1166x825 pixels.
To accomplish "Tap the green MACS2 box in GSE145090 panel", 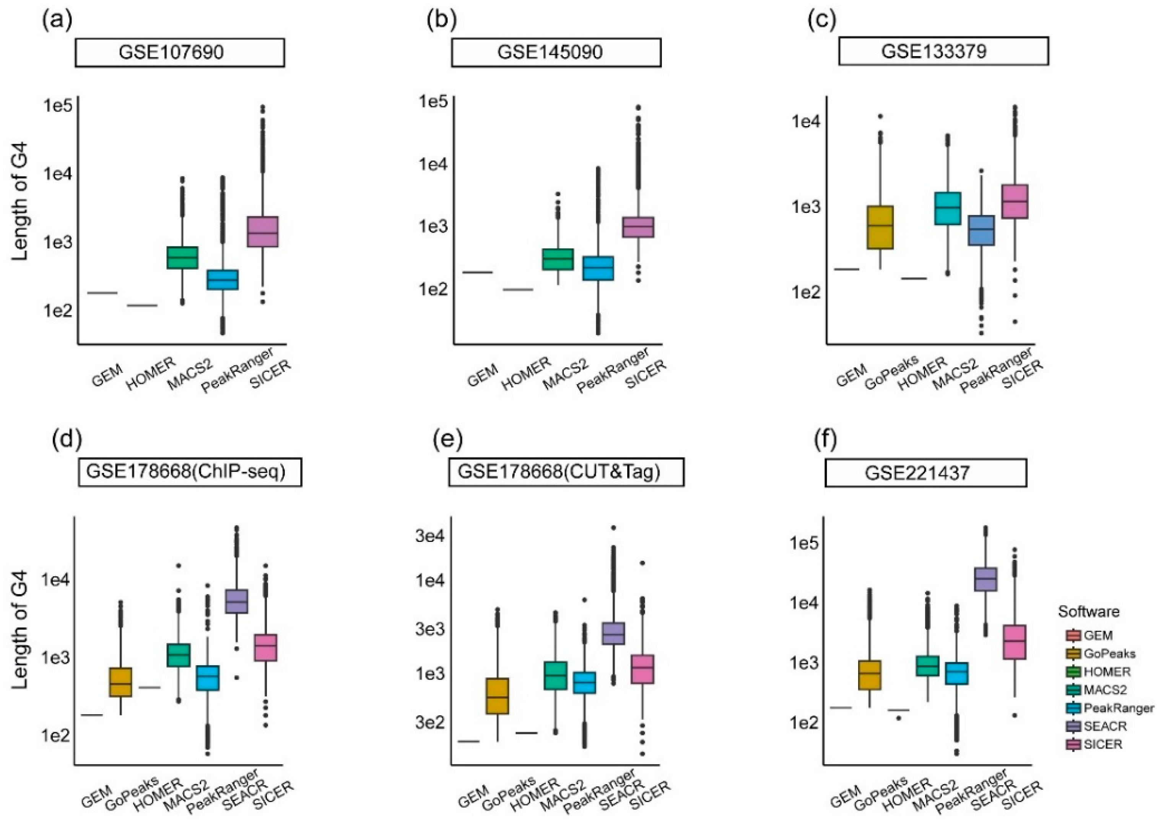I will pyautogui.click(x=558, y=259).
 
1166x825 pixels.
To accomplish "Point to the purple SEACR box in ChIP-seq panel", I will pyautogui.click(x=236, y=601).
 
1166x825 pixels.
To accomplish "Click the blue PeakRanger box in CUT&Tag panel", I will pyautogui.click(x=584, y=682).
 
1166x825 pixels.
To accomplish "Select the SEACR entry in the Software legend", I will pyautogui.click(x=1104, y=726).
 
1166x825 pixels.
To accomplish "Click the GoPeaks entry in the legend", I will pyautogui.click(x=1108, y=653).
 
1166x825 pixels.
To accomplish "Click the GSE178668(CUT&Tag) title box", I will pyautogui.click(x=566, y=472).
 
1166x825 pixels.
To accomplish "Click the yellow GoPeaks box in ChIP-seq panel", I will pyautogui.click(x=120, y=682).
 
